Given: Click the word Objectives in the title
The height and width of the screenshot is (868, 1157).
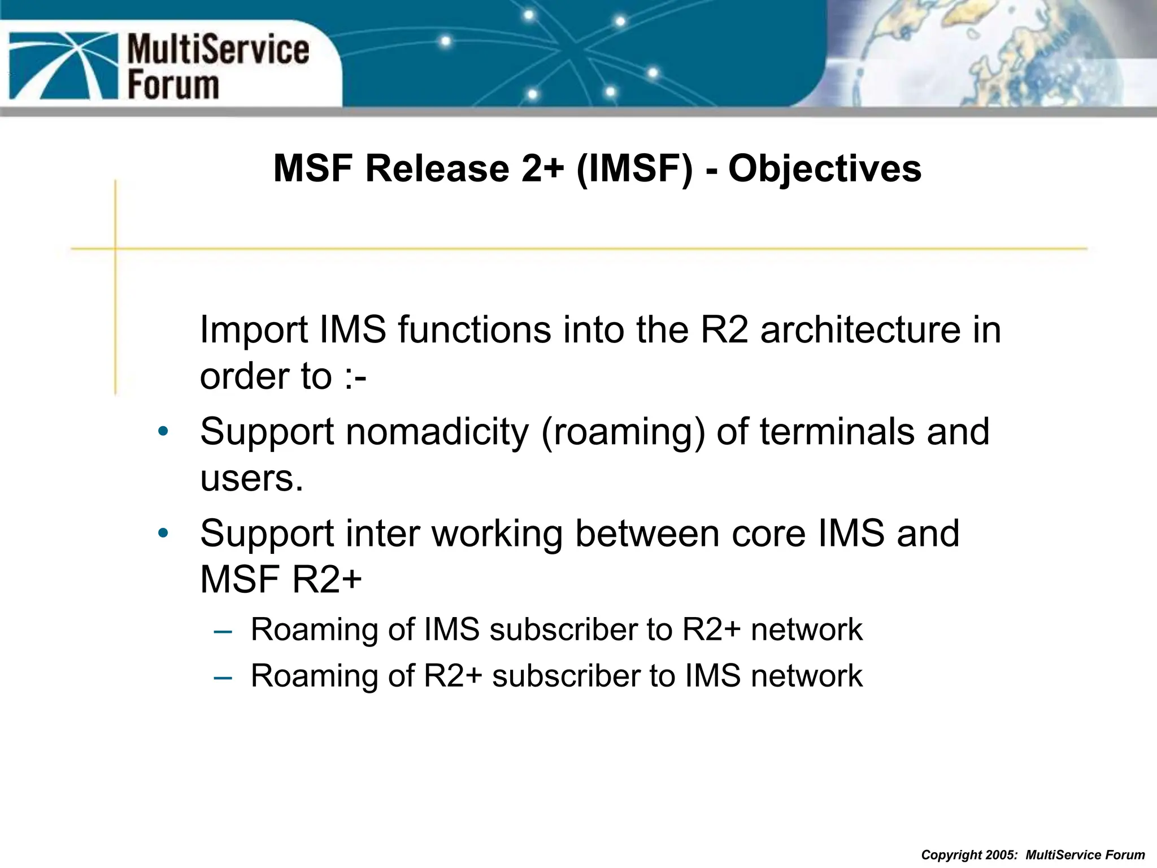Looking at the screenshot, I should pos(824,169).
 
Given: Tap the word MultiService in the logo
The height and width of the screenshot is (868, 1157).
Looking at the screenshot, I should pos(218,49).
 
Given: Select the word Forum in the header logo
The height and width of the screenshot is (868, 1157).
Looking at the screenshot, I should pos(173,85).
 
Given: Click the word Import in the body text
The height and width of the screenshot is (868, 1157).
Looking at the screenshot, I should pos(254,330).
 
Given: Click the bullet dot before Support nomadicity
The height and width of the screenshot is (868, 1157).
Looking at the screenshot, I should pos(163,432).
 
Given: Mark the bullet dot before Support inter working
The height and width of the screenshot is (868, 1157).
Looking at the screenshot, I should pos(163,533).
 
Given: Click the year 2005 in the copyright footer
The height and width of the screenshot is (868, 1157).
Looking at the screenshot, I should pos(1001,855).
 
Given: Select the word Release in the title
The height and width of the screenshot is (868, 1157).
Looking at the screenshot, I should pos(437,169).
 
